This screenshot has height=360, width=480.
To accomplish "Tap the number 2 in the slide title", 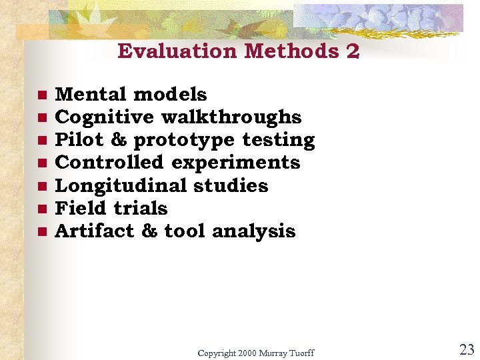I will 353,51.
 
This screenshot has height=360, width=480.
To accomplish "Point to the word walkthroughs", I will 231,117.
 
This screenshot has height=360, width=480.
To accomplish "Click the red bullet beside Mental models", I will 41,95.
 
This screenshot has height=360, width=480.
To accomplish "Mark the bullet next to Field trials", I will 41,209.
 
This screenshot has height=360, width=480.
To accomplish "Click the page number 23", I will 466,349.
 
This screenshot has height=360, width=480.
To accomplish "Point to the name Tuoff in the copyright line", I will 300,352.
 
